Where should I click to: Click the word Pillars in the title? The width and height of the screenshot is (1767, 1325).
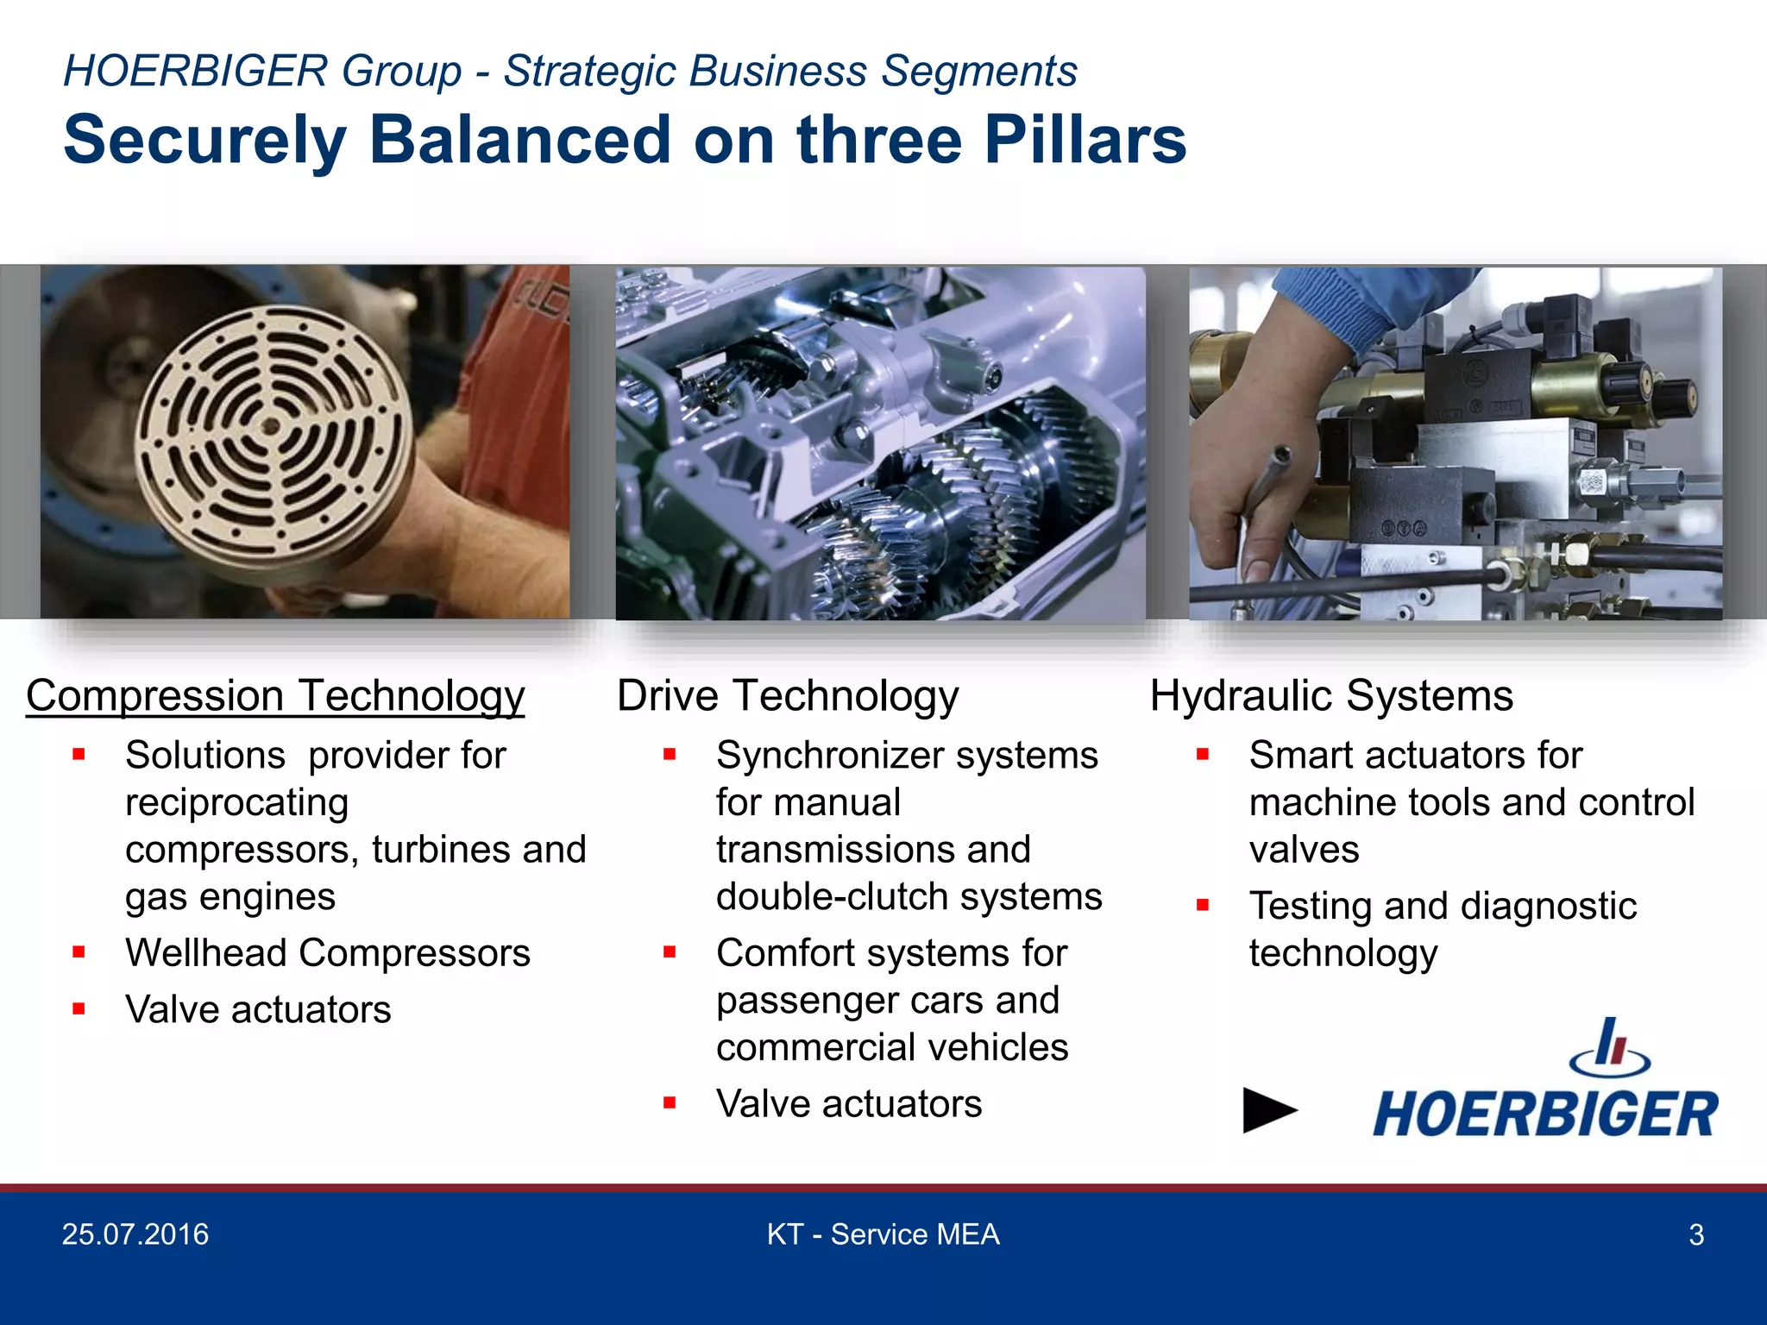[x=1085, y=140]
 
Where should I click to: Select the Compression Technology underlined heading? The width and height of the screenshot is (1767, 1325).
[x=275, y=695]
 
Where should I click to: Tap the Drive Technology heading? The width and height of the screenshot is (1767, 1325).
[x=787, y=695]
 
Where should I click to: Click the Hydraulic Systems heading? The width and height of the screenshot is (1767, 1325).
[x=1331, y=695]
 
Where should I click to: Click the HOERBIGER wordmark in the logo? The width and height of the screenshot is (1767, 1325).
[x=1544, y=1114]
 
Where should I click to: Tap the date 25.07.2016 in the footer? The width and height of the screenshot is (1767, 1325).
[x=135, y=1234]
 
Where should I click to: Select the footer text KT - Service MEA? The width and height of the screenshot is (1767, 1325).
[x=883, y=1234]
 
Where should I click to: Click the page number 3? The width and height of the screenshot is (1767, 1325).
[x=1695, y=1235]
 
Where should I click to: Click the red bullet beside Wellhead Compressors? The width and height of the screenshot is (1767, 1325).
[x=79, y=952]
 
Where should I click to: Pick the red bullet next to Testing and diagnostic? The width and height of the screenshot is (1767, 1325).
[x=1203, y=905]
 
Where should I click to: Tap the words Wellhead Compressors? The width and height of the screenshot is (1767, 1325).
[x=327, y=953]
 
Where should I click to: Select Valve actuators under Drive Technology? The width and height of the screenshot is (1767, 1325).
[x=848, y=1103]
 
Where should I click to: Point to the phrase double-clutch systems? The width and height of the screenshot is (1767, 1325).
[x=909, y=897]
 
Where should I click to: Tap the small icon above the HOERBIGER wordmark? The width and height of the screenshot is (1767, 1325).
[x=1610, y=1046]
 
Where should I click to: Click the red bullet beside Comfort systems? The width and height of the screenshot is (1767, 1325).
[x=670, y=952]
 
